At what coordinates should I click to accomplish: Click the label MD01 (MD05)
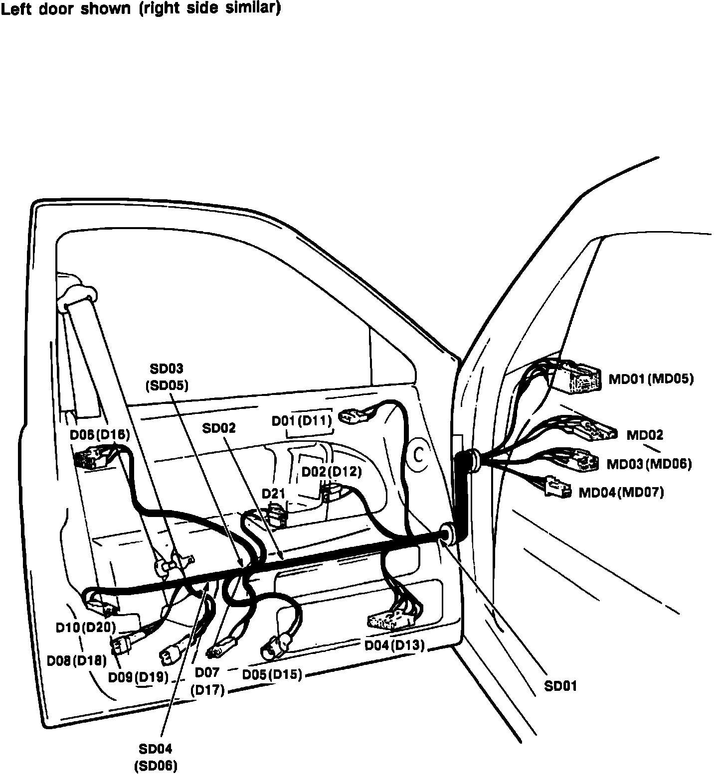[651, 379]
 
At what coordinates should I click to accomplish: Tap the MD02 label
[645, 435]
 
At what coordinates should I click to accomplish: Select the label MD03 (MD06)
[649, 464]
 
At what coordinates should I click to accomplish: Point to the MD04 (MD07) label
[621, 493]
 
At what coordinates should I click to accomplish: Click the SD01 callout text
[560, 686]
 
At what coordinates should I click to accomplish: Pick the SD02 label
[218, 428]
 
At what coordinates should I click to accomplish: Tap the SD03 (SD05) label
[167, 377]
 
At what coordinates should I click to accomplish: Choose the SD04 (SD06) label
[156, 757]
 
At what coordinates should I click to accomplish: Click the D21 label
[273, 494]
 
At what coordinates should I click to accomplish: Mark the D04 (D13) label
[394, 645]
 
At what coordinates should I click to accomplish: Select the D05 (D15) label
[272, 674]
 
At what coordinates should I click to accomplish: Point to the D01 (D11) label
[302, 420]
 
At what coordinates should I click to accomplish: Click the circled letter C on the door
[419, 454]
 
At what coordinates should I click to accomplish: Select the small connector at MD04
[558, 486]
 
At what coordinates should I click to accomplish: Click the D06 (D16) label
[100, 435]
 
